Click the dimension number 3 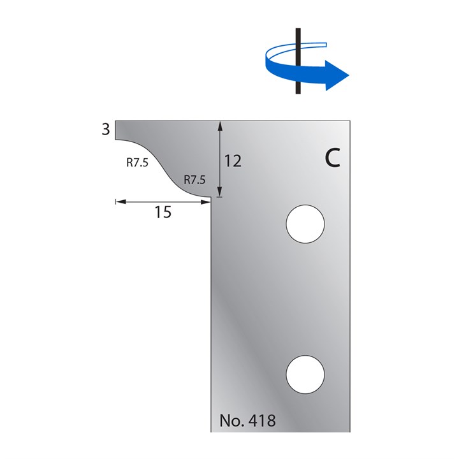pyautogui.click(x=105, y=129)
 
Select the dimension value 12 pyautogui.click(x=233, y=161)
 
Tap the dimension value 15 pyautogui.click(x=163, y=212)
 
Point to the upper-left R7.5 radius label pyautogui.click(x=137, y=163)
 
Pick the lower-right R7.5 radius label pyautogui.click(x=194, y=180)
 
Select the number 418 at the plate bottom pyautogui.click(x=264, y=421)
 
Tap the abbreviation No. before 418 pyautogui.click(x=234, y=421)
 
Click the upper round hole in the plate pyautogui.click(x=305, y=224)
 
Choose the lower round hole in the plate pyautogui.click(x=305, y=374)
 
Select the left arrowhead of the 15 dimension pyautogui.click(x=119, y=202)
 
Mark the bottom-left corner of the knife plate pyautogui.click(x=212, y=432)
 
